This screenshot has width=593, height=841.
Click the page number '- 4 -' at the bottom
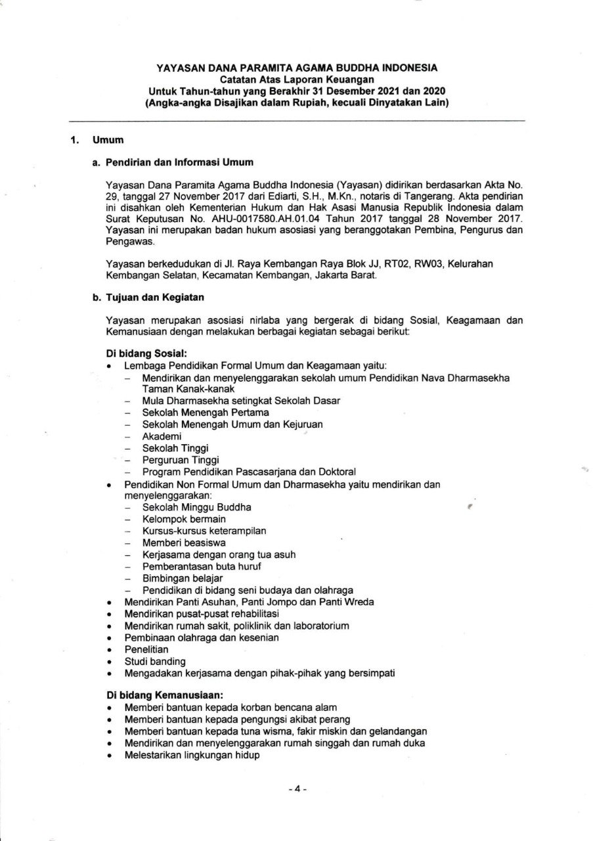(x=297, y=789)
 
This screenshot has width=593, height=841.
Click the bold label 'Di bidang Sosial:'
(x=143, y=353)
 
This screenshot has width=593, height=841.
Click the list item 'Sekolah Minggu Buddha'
(x=196, y=507)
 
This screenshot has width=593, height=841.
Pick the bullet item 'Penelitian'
(x=146, y=649)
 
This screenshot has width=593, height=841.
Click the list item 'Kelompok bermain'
(x=183, y=519)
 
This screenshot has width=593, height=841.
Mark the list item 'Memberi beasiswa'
(x=183, y=543)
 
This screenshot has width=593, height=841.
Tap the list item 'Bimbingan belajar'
(x=182, y=578)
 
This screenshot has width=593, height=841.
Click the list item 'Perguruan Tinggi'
(x=180, y=460)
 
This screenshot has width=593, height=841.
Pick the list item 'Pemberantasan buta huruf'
(x=200, y=566)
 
